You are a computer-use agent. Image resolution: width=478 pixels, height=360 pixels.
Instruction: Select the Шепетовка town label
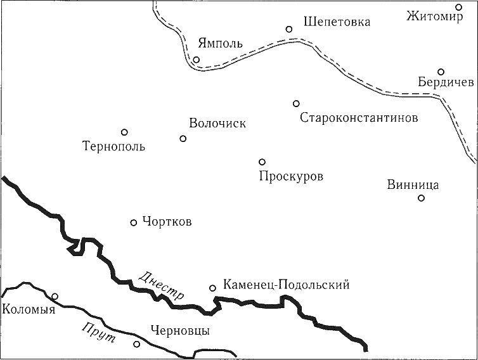tap(337, 22)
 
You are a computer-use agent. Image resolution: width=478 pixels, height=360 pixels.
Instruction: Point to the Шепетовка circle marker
tap(289, 29)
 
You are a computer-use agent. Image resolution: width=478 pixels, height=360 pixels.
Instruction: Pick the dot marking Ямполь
tap(197, 60)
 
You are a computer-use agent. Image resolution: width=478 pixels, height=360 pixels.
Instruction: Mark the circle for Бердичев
tap(441, 72)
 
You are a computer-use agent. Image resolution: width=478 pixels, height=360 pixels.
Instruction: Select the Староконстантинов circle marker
tap(296, 103)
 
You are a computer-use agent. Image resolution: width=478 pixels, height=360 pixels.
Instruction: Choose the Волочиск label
tap(217, 124)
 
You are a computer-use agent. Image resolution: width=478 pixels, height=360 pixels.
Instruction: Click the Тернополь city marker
tap(125, 132)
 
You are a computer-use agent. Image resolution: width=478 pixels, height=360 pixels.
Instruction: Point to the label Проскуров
tap(291, 176)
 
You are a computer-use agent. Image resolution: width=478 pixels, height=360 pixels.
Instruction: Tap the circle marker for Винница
tap(421, 198)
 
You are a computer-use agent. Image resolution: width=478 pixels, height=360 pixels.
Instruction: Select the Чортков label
tap(167, 222)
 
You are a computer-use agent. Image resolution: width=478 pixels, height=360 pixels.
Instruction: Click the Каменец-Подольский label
tap(286, 286)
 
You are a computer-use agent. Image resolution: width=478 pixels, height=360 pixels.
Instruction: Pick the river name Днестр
tap(161, 286)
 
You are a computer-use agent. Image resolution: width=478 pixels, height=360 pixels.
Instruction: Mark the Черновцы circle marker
tap(137, 344)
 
